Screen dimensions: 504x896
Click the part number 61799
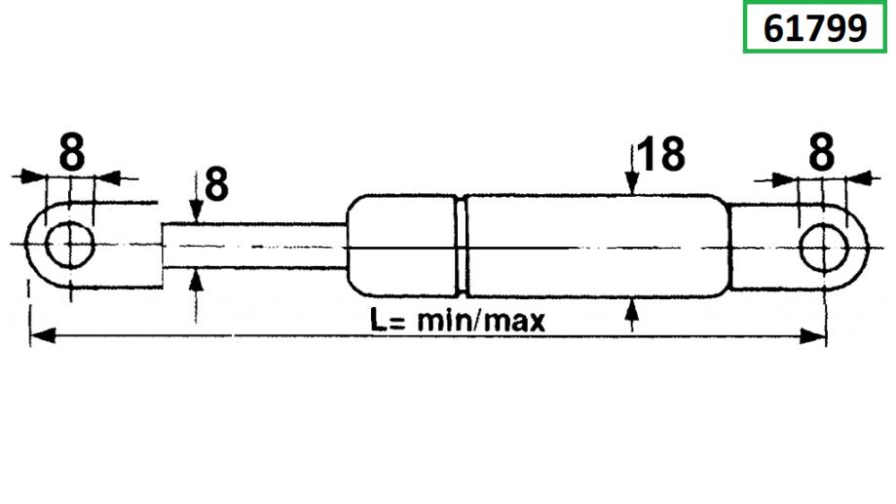(x=815, y=28)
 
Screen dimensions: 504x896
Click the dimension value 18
(x=662, y=156)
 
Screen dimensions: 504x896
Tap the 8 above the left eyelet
(x=70, y=152)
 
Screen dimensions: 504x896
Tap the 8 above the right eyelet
(x=823, y=152)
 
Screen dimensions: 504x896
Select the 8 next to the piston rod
(x=215, y=185)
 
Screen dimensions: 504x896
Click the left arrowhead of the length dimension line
(x=39, y=337)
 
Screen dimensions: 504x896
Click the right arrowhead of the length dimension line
(x=817, y=337)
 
